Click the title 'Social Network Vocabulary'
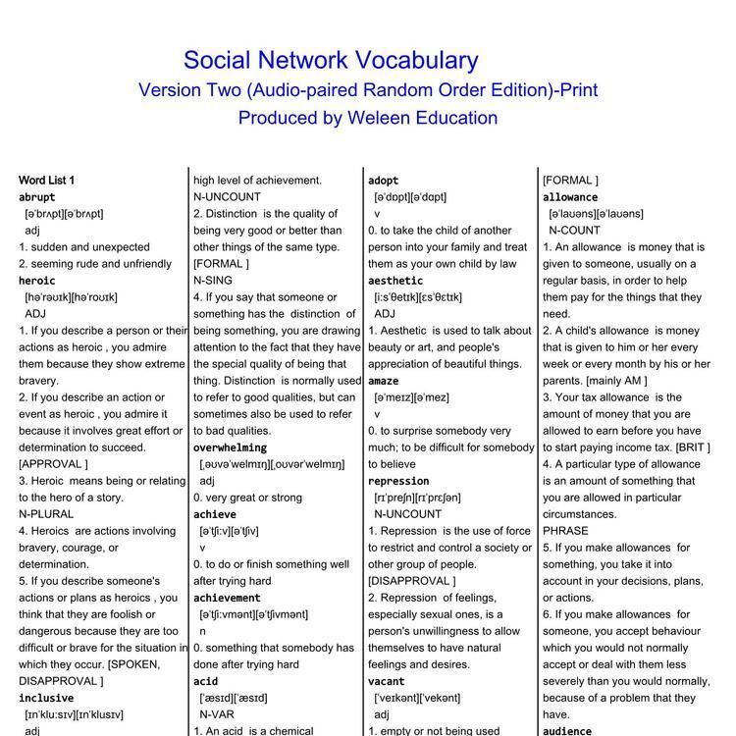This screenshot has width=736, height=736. pos(331,61)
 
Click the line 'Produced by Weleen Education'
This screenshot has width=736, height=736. pos(367,118)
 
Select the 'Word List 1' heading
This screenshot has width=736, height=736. pos(46,181)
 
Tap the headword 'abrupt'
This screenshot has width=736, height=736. pos(37,197)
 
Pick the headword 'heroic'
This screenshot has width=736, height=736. pos(37,281)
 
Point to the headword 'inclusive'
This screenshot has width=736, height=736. pos(46,698)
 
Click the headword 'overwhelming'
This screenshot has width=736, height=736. pos(230,447)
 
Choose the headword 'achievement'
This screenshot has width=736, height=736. pos(227,598)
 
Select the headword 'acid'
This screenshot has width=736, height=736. pos(205,681)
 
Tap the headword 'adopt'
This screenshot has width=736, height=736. pos(384,181)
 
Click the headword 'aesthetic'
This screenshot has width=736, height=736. pos(395,281)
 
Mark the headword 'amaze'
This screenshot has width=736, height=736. pos(384,381)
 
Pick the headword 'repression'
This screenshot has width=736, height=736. pos(398,481)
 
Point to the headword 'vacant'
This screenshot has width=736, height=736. pos(387,681)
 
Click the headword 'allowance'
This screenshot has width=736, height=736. pos(570,197)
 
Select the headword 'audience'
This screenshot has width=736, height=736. pos(567,731)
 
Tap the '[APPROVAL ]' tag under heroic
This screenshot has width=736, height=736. pos(53,464)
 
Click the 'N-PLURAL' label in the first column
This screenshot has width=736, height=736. pos(46,514)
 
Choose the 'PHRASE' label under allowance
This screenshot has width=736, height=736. pos(564,531)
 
